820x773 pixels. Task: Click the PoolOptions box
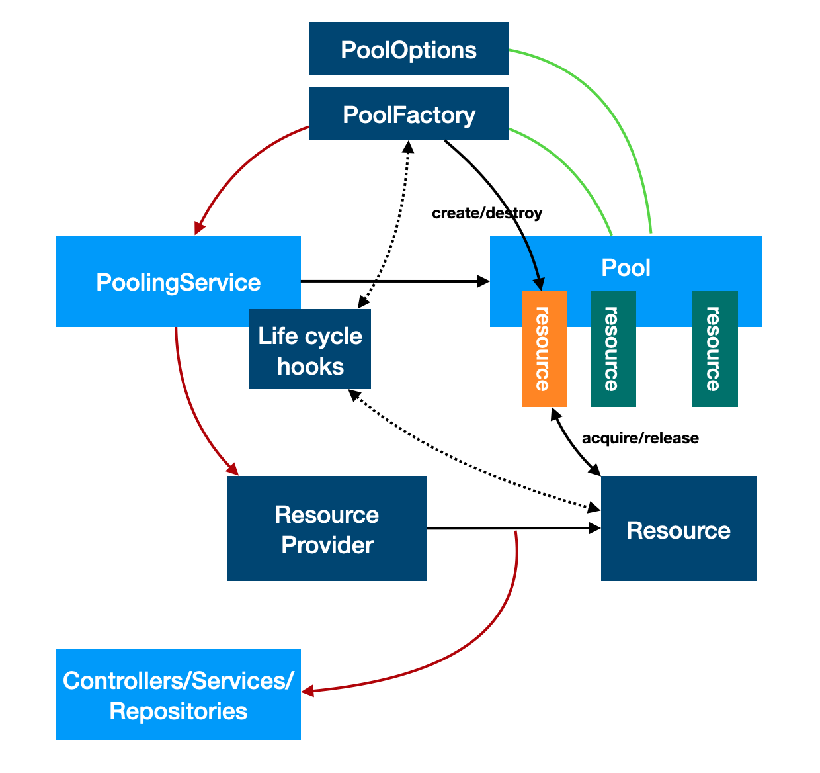(409, 49)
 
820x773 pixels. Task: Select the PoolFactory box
(409, 114)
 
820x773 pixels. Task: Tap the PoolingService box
(178, 282)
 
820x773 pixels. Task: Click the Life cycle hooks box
(310, 351)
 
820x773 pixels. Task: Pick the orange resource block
(544, 349)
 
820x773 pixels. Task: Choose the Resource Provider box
(327, 529)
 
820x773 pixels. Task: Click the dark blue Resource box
(678, 529)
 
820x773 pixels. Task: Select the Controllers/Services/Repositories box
(178, 695)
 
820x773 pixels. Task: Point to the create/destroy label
(487, 213)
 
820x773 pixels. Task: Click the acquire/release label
(639, 438)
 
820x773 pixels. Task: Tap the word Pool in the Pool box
(626, 268)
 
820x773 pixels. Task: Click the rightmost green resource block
(714, 349)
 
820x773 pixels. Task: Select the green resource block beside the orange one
(613, 349)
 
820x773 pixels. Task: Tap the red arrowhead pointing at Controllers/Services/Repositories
(307, 692)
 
